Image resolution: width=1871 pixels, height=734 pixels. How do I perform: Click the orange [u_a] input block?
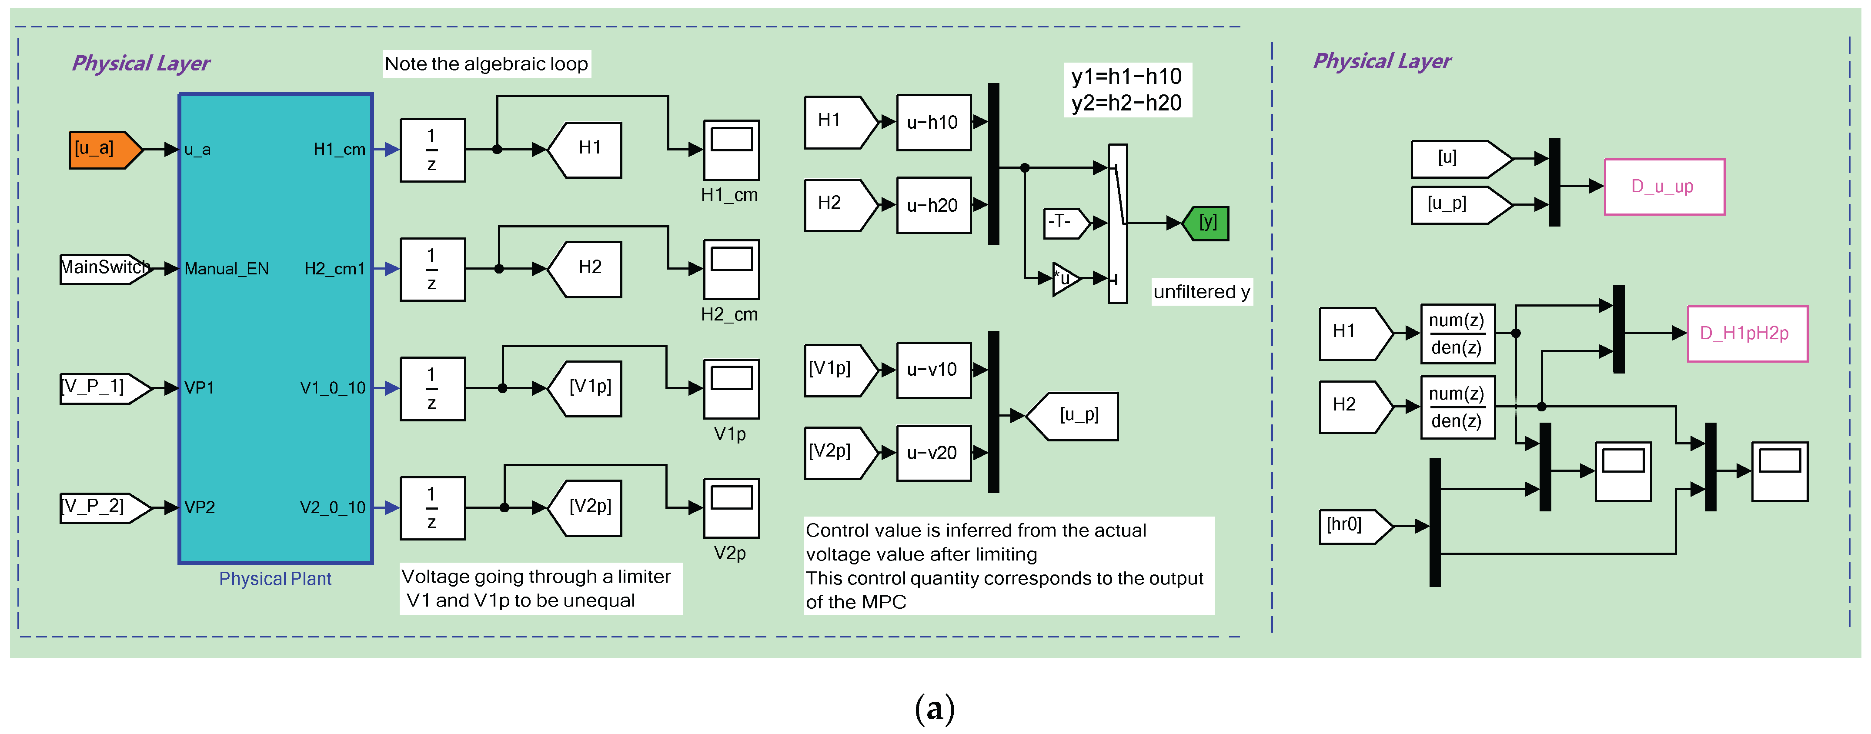102,150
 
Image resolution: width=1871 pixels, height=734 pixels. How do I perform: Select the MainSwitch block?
104,268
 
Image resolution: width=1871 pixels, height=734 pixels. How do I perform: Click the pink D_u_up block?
1663,187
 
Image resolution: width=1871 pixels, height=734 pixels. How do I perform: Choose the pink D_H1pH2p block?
1746,333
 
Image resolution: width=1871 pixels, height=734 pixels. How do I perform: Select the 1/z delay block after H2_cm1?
432,269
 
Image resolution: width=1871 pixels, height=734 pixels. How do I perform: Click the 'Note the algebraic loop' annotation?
486,64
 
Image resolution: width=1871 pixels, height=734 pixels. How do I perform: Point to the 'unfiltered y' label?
1201,292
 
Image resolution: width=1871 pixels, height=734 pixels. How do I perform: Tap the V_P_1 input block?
102,388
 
